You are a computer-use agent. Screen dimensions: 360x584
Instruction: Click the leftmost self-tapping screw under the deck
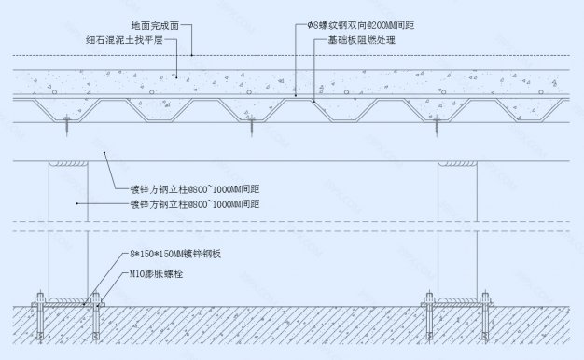point(68,121)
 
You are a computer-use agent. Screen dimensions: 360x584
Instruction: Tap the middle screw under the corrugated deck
point(251,121)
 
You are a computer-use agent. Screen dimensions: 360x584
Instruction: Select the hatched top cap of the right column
point(456,164)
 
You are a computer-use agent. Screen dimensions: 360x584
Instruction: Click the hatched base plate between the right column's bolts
point(456,300)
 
